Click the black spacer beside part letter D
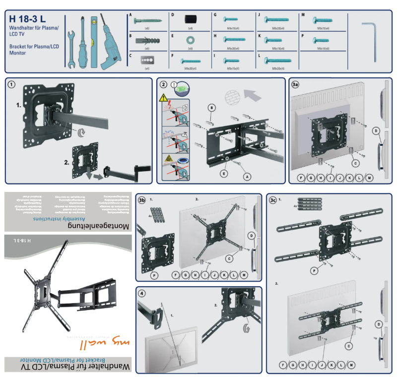(x=190, y=19)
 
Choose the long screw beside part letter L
(x=277, y=60)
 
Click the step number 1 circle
(x=11, y=84)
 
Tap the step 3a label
(x=295, y=84)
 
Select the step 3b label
(x=142, y=200)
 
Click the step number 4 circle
(x=142, y=293)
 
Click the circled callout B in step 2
(x=211, y=107)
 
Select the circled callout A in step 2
(x=246, y=176)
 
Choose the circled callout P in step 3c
(x=314, y=271)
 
